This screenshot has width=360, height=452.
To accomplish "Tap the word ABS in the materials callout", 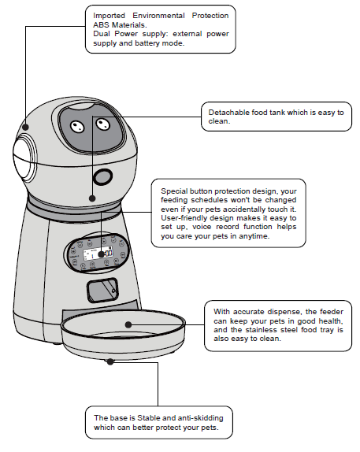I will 102,24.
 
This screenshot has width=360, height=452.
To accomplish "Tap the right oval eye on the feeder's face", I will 101,124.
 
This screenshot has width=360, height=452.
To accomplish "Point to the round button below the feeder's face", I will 101,175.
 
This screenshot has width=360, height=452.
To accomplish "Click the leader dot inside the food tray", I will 127,323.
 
